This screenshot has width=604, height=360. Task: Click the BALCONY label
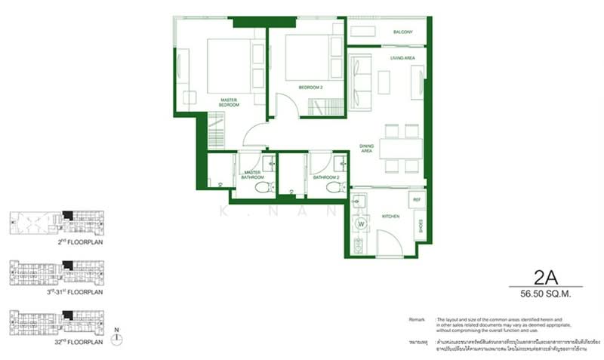tap(402, 32)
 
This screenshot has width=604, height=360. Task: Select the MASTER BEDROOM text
tap(230, 102)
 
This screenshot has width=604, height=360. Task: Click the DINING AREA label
tap(366, 149)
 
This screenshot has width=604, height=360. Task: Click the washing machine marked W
tap(360, 223)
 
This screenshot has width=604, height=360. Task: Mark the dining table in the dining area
tap(401, 148)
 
